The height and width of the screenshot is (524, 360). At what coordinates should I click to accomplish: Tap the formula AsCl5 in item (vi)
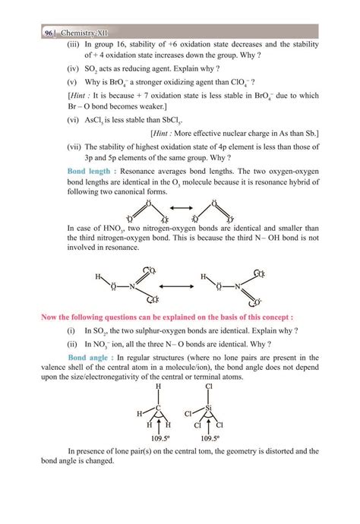(x=95, y=121)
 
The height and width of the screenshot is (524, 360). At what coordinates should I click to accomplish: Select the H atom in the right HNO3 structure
(x=201, y=276)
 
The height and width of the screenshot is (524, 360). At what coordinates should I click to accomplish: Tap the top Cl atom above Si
(x=208, y=386)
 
